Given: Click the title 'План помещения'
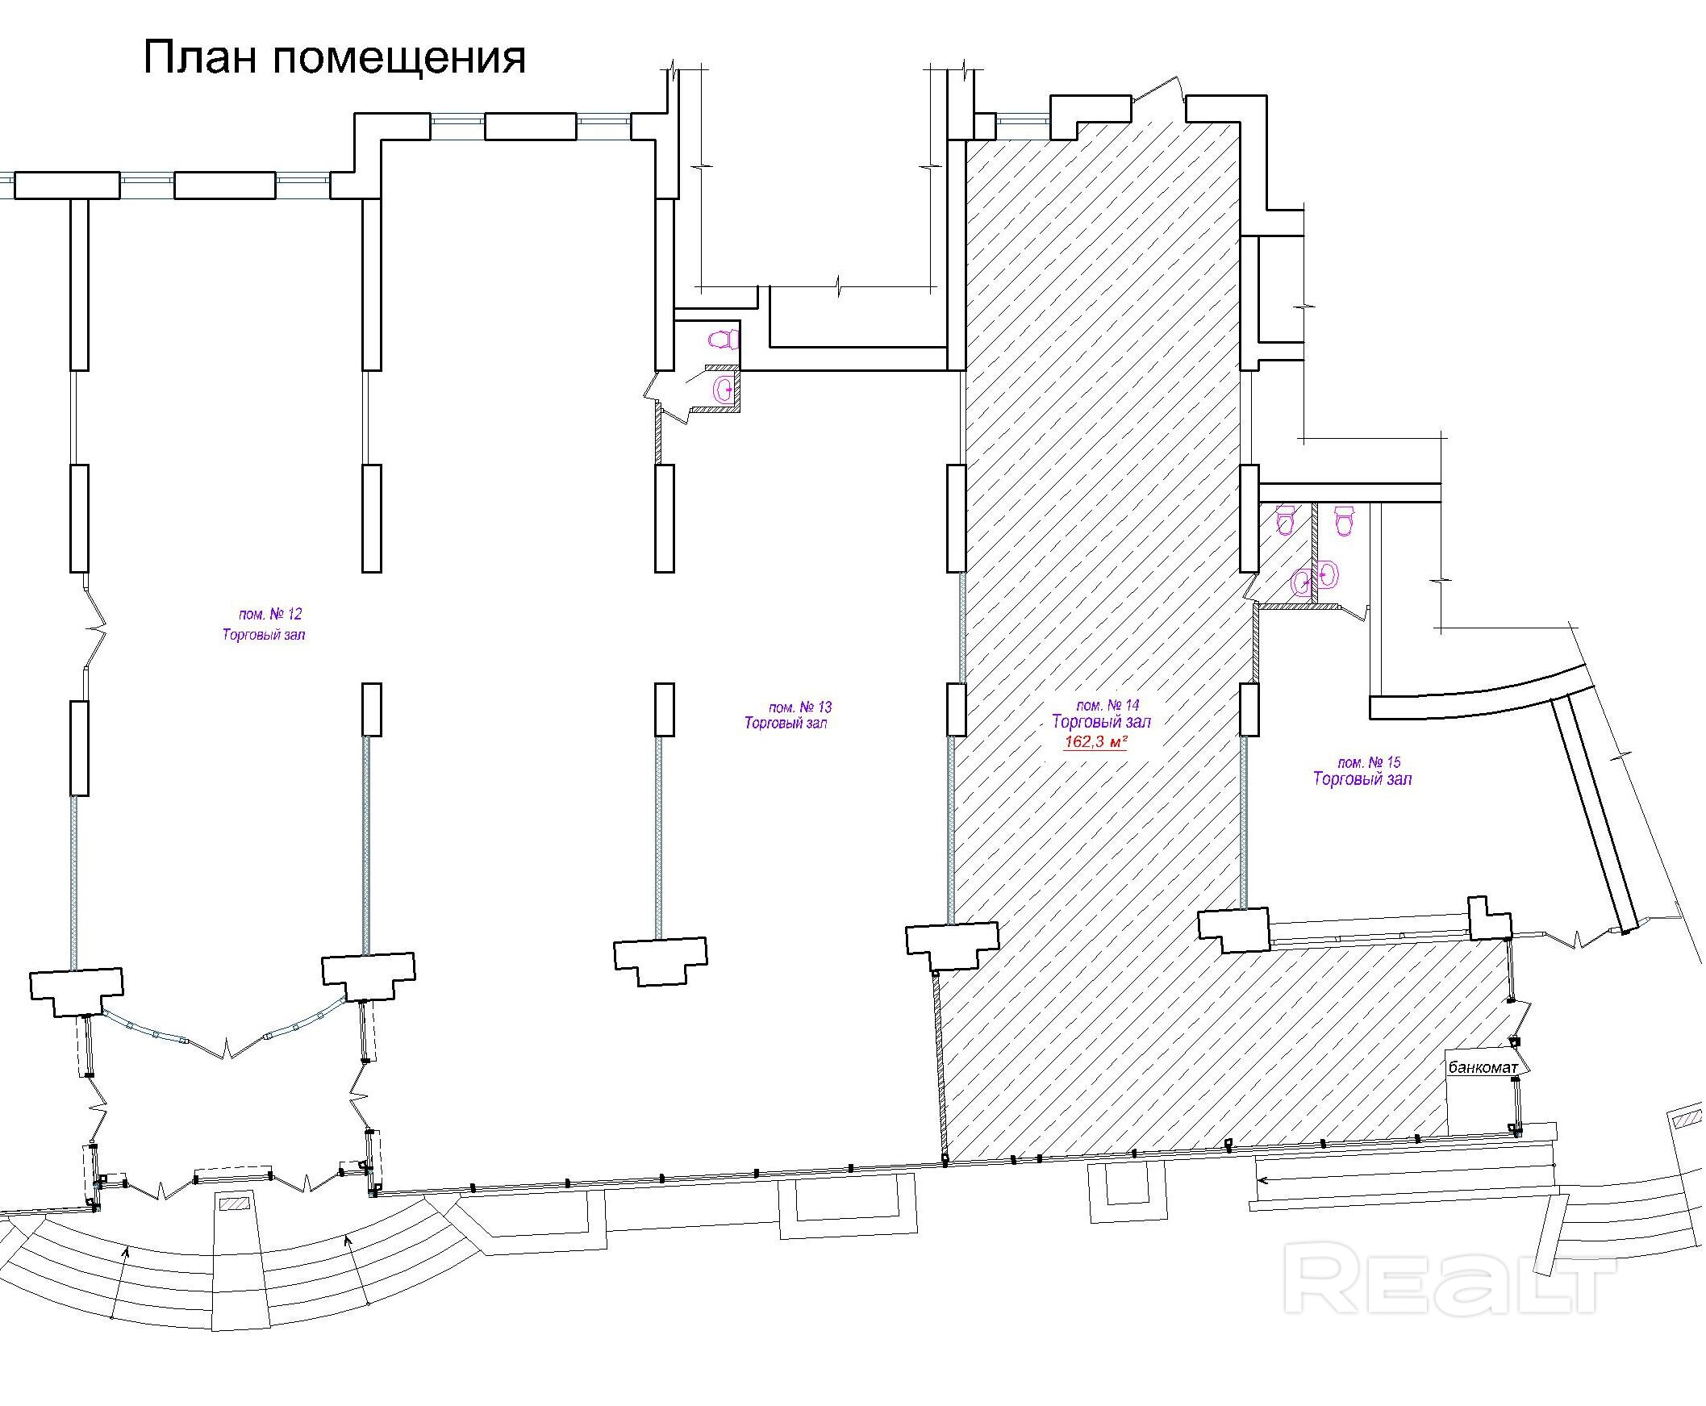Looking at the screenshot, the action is click(335, 57).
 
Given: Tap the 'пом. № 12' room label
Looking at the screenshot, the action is click(270, 614).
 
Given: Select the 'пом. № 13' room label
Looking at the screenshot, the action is click(800, 707).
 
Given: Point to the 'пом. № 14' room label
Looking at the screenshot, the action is click(1107, 705).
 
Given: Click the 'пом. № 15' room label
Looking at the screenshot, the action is click(1369, 762).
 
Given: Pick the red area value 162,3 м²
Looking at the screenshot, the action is click(1096, 742).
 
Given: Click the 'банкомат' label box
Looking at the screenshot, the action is click(1483, 1067).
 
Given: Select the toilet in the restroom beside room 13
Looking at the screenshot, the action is click(723, 339).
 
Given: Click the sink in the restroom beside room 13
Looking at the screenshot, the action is click(722, 391).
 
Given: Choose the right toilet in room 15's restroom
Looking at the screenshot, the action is click(1344, 520).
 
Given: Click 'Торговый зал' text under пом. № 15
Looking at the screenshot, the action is click(1362, 779).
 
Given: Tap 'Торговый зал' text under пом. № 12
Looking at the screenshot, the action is click(264, 635).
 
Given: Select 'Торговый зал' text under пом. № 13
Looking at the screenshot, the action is click(786, 724).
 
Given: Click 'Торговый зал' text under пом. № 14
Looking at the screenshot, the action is click(1101, 721).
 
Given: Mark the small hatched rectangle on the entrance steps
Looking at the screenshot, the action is click(236, 1204).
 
